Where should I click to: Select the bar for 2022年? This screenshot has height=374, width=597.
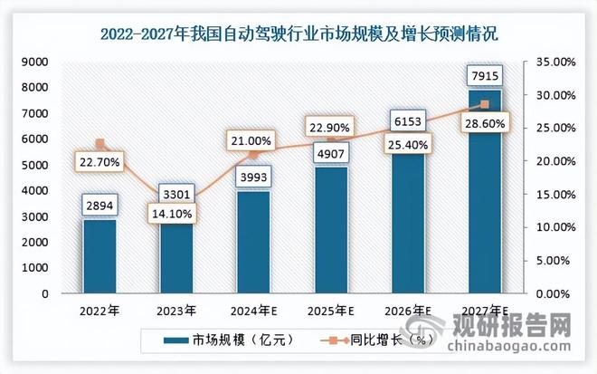pyautogui.click(x=100, y=257)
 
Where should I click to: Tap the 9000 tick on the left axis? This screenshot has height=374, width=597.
pyautogui.click(x=36, y=62)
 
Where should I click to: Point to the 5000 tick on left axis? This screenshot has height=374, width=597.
pyautogui.click(x=36, y=165)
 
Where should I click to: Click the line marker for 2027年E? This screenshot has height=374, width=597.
pyautogui.click(x=484, y=104)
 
